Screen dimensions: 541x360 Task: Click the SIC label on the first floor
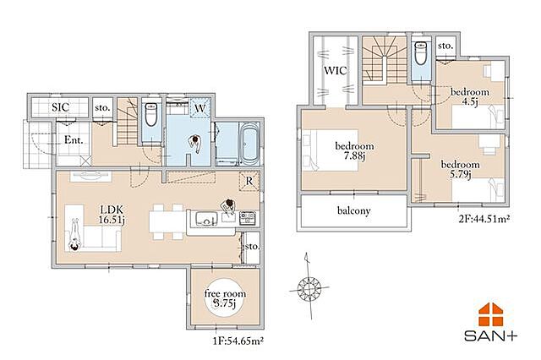point(60,107)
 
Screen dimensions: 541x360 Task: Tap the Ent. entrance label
point(74,140)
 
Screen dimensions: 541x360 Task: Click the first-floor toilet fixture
point(151,114)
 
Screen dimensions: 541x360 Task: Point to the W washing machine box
point(200,108)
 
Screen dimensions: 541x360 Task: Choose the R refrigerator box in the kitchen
point(249,180)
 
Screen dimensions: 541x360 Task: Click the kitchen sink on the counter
point(206,220)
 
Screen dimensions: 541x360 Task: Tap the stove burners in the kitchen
point(248,218)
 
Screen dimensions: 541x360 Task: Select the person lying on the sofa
point(74,234)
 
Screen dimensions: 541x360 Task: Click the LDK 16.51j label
point(112,215)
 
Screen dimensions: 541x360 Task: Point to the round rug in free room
point(225,298)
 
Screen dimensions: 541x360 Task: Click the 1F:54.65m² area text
point(238,341)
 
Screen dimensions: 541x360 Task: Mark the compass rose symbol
point(309,286)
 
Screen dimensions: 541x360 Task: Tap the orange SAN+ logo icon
point(490,314)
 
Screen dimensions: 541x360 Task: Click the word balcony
point(354,210)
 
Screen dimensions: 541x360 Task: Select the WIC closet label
point(336,71)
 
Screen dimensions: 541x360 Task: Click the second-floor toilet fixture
point(421,53)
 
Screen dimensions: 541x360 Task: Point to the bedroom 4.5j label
point(470,97)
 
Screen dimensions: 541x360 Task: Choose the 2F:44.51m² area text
point(484,219)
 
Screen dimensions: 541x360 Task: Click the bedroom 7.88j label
point(354,151)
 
